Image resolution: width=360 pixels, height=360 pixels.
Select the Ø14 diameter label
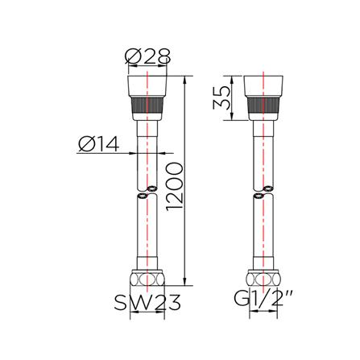[98, 145]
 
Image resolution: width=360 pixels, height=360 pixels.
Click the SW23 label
[144, 303]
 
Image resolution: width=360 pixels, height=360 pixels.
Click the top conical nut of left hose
[148, 88]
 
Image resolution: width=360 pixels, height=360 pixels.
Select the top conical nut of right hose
[263, 88]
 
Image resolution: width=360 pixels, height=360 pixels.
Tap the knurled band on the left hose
[148, 110]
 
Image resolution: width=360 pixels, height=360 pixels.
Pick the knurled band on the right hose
[263, 110]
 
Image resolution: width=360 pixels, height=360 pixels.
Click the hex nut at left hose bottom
[148, 279]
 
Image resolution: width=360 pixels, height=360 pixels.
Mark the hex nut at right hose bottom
[262, 279]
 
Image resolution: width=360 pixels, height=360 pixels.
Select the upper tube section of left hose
[148, 153]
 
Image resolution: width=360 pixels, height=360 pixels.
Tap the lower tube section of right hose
[263, 234]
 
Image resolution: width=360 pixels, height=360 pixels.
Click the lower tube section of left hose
[148, 234]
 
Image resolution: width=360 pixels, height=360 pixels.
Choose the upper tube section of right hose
[263, 153]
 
